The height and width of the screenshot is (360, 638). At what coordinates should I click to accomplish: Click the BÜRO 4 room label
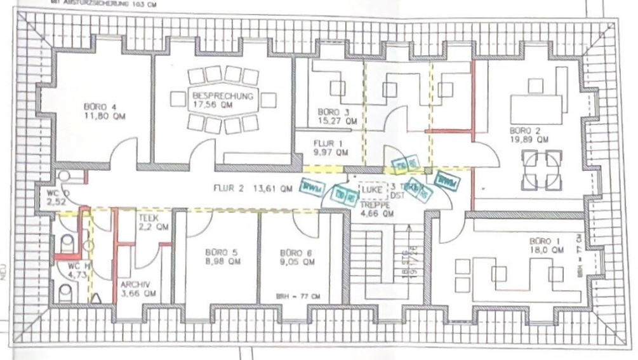[x=100, y=107]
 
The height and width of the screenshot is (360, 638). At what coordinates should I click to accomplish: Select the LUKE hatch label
[x=371, y=189]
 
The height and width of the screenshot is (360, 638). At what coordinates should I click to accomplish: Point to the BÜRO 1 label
[x=546, y=241]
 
